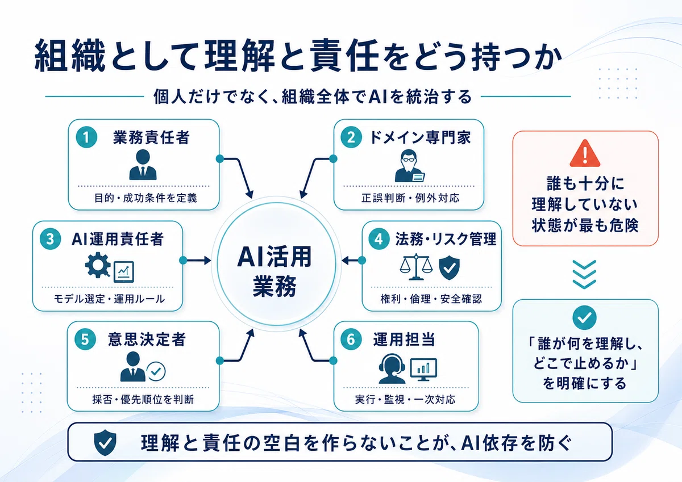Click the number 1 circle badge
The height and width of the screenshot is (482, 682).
tap(86, 137)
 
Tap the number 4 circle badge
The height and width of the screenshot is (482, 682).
tap(379, 239)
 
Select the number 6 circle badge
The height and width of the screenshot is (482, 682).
tap(351, 339)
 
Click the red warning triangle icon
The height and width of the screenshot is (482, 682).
tap(585, 154)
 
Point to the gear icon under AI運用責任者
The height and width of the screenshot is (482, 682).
tap(97, 265)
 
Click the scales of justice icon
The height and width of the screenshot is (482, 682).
tap(416, 267)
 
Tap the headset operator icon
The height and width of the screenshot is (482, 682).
tap(392, 368)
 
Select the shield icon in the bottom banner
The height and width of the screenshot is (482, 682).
tap(105, 442)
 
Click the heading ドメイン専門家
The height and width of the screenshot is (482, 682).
tap(420, 137)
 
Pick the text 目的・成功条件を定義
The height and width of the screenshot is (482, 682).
tap(145, 198)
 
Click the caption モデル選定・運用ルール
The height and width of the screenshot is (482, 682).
tap(109, 299)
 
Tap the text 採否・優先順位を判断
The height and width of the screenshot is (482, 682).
tap(143, 399)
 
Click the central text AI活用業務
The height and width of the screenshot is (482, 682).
tap(275, 271)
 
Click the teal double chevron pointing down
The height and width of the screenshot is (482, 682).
tap(584, 274)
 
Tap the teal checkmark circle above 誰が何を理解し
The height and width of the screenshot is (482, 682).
tap(584, 317)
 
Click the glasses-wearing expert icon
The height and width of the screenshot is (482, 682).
tap(409, 166)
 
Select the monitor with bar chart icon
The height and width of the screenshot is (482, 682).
tap(423, 370)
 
